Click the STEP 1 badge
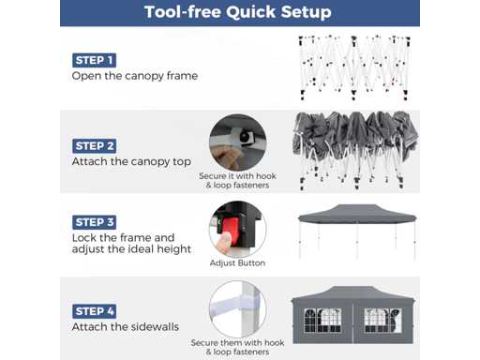(x=94, y=60)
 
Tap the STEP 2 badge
(x=94, y=146)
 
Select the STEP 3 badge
(x=94, y=222)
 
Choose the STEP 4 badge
(x=94, y=311)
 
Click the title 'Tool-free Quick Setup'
(x=238, y=12)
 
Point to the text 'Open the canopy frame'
(x=135, y=76)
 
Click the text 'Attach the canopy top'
(x=131, y=162)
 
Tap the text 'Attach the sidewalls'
(x=126, y=327)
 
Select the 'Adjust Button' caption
(x=237, y=263)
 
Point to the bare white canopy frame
(x=354, y=67)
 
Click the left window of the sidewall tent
(x=322, y=321)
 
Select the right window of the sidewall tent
(x=382, y=321)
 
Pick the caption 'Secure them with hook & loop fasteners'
(x=237, y=347)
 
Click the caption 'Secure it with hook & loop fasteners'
(x=237, y=180)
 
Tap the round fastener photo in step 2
(x=237, y=142)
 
